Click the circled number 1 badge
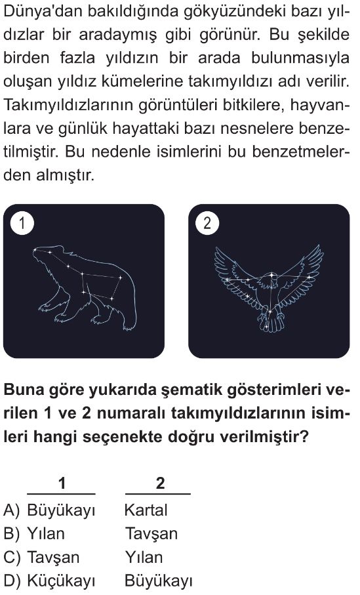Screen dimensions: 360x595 click(22, 223)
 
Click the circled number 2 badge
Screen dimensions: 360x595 click(207, 223)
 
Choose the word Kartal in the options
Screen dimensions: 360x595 click(146, 510)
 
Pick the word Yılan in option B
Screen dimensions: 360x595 click(46, 534)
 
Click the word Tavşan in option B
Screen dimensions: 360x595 click(151, 534)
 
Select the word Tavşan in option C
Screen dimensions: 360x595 click(54, 558)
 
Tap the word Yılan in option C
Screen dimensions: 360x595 click(144, 558)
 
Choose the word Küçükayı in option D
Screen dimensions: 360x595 click(61, 581)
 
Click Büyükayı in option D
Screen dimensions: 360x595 click(159, 581)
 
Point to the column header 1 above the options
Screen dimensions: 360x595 click(62, 483)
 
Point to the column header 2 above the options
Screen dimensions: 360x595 click(161, 483)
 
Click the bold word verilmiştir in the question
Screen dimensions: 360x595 click(264, 437)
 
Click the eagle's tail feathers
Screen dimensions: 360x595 click(271, 322)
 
